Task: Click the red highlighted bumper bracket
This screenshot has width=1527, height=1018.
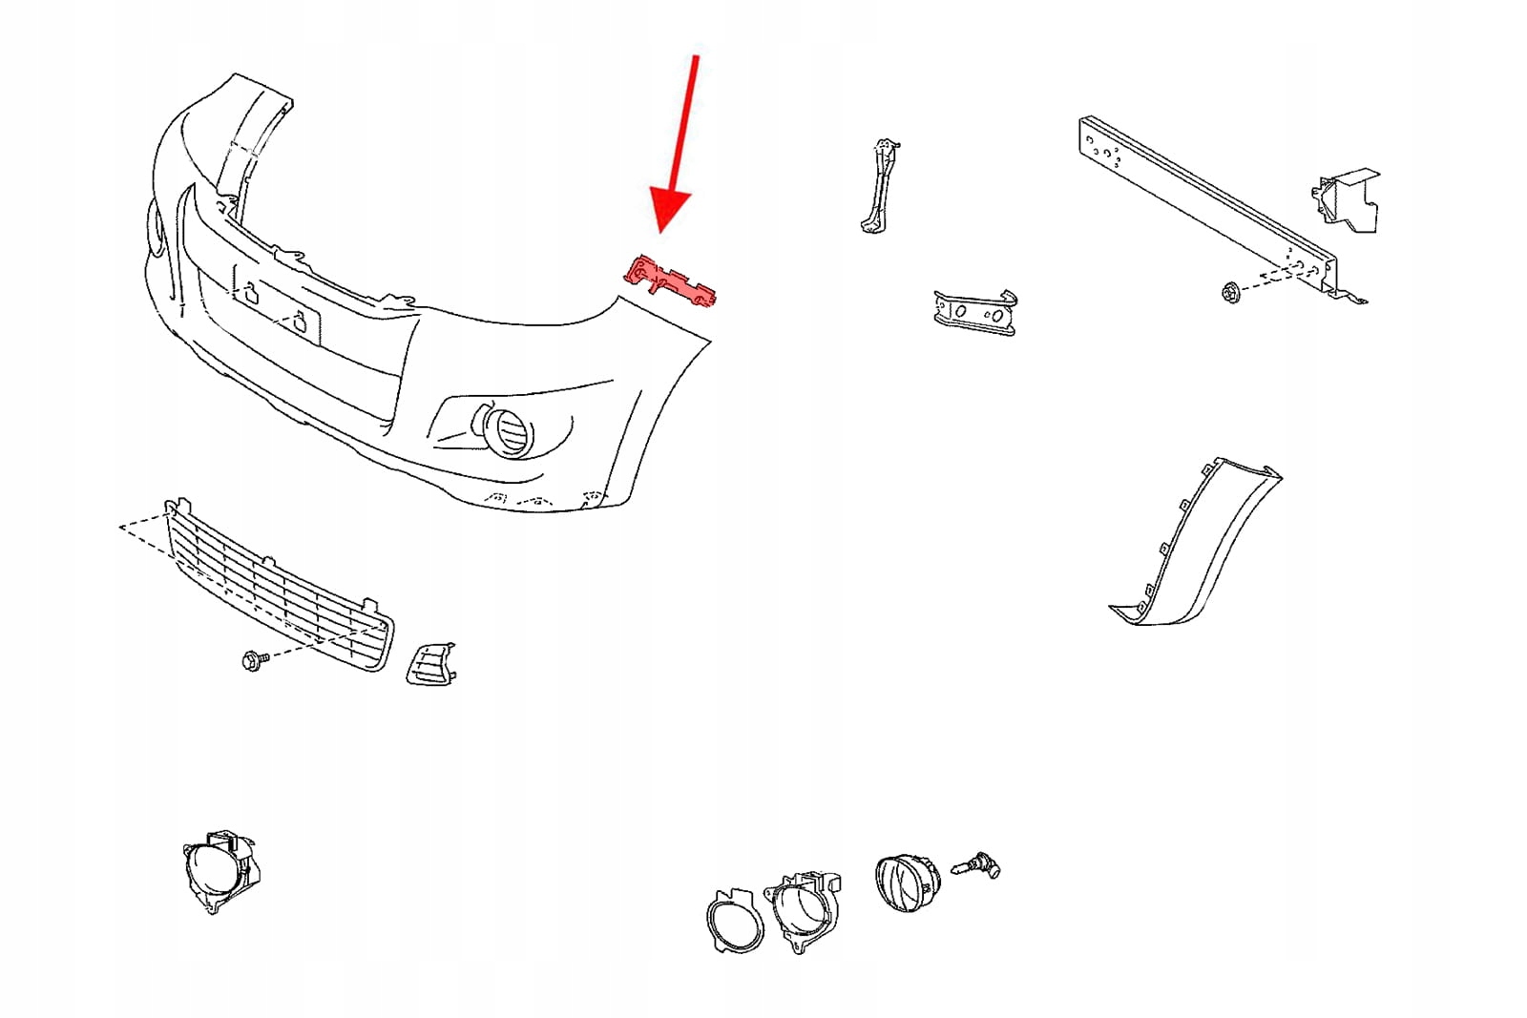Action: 669,280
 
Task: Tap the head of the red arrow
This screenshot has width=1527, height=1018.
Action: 671,210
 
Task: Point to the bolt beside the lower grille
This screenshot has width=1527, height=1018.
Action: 253,658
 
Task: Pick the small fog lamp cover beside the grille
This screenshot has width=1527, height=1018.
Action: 430,663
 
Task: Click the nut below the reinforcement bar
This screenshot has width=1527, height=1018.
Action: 1229,292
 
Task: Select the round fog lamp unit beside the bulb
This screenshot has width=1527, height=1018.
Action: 906,882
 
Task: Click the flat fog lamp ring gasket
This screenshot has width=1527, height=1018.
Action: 735,922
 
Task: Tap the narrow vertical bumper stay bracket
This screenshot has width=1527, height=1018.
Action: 879,187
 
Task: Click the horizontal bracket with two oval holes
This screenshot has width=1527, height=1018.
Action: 974,312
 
